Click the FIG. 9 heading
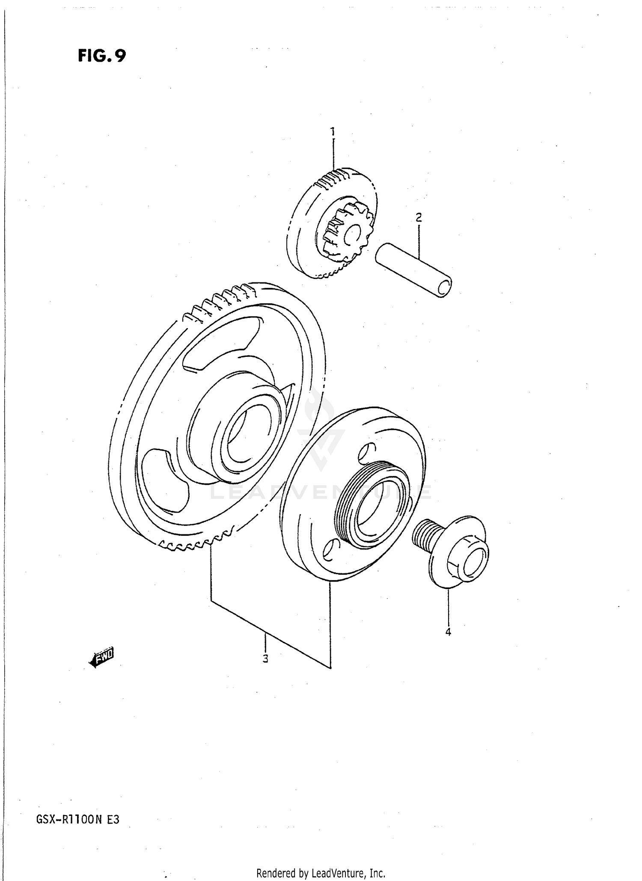102,56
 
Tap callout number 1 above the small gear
333,131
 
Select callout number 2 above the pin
419,217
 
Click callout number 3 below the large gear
265,659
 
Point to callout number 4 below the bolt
448,632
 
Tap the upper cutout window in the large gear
223,342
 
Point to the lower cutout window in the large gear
165,481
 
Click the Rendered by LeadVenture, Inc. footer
321,873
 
